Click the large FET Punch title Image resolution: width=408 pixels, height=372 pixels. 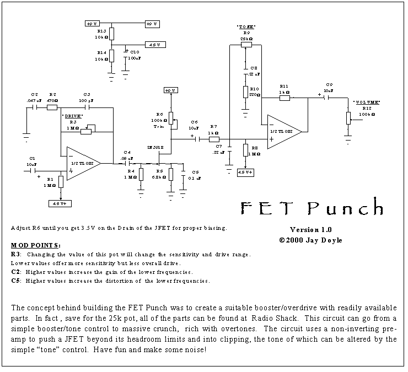[312, 208]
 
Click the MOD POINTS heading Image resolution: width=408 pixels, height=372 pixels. [36, 245]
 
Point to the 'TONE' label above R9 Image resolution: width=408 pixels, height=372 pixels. [246, 26]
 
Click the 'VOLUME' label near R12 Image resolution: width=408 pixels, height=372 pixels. [366, 103]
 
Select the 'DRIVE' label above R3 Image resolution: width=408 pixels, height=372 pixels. [73, 116]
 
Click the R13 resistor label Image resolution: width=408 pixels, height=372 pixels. [101, 31]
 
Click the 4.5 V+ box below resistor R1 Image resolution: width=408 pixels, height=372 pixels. [60, 203]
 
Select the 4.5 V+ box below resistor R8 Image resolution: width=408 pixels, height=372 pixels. [246, 172]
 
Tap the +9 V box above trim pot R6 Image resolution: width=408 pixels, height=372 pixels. [170, 90]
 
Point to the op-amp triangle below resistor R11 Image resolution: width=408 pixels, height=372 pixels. [283, 132]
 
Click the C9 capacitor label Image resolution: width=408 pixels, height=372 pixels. [329, 84]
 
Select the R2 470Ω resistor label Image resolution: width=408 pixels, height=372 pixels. [52, 98]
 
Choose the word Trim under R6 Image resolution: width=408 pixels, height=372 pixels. [159, 126]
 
